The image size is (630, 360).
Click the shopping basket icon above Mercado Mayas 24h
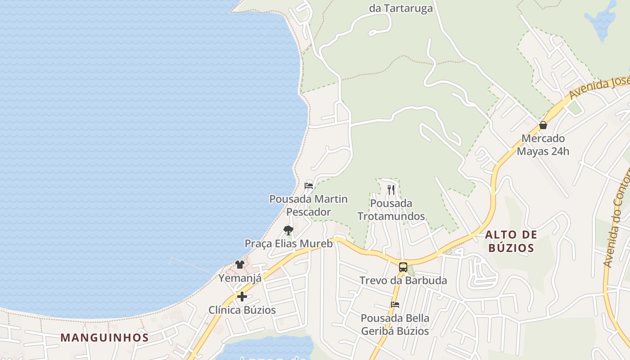[543, 125]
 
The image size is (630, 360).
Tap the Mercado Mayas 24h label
[543, 145]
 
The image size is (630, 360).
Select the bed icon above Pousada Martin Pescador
[309, 185]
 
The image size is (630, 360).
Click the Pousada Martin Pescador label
[308, 205]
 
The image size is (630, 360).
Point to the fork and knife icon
[391, 190]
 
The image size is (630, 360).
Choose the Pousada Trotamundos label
[391, 210]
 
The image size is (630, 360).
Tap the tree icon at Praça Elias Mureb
[288, 230]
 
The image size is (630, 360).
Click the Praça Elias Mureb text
[288, 244]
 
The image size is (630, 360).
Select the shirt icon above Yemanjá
[240, 265]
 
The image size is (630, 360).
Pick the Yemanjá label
[240, 278]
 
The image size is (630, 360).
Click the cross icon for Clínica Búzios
[242, 297]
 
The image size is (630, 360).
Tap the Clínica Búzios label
[242, 310]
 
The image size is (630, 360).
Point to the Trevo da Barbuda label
[403, 281]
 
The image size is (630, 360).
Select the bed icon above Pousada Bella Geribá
[395, 305]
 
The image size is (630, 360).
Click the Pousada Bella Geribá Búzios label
[395, 324]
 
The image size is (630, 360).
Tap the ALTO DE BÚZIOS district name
[511, 241]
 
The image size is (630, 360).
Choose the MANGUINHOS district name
[104, 337]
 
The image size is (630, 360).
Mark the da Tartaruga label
[401, 8]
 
